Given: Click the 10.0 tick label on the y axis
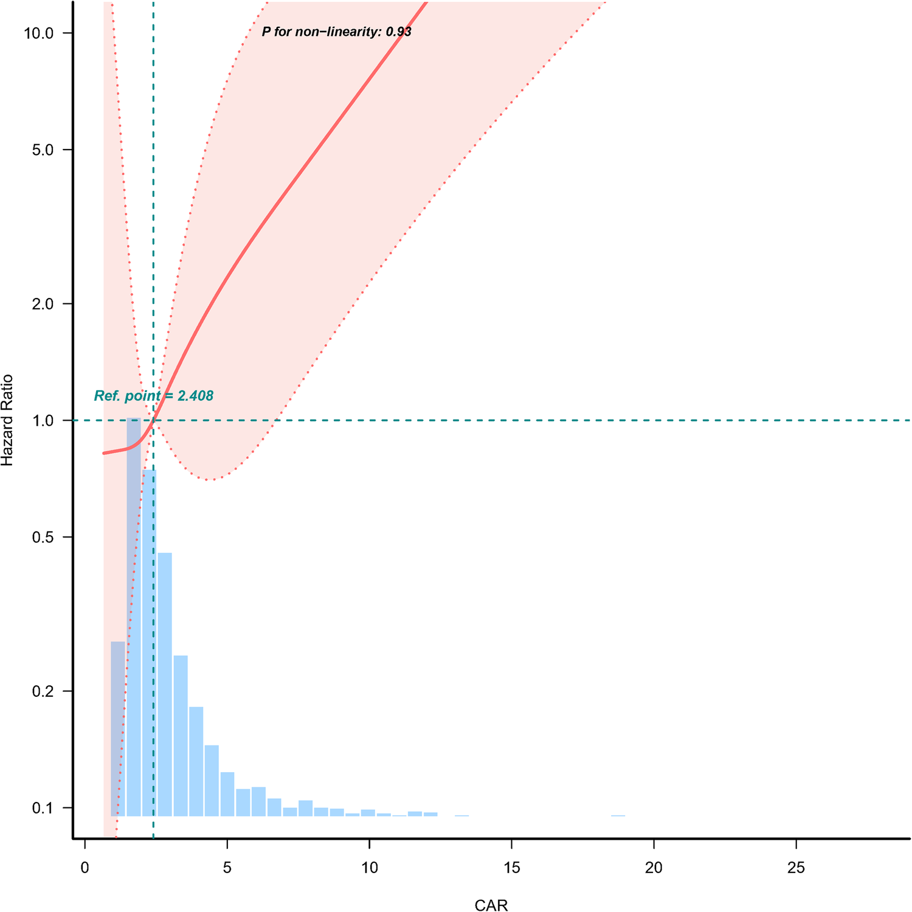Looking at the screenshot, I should [x=39, y=33].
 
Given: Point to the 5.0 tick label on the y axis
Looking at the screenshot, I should [x=43, y=150].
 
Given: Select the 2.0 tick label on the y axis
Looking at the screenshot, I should [x=43, y=304].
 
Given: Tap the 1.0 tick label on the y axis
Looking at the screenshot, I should [x=43, y=421].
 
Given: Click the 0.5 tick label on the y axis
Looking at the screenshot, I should [x=43, y=537].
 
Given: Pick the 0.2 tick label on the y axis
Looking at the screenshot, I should [x=43, y=691].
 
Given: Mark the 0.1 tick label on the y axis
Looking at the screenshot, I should [x=43, y=808].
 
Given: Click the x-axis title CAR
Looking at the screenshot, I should [x=491, y=905].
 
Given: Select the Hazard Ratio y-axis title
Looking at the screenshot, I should [x=7, y=421].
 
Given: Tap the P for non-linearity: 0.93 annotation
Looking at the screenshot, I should [x=336, y=32].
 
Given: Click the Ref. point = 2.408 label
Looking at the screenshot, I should [x=154, y=396].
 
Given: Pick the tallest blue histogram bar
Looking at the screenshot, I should [x=134, y=617].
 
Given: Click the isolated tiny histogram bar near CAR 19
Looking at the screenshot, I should [x=618, y=815].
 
